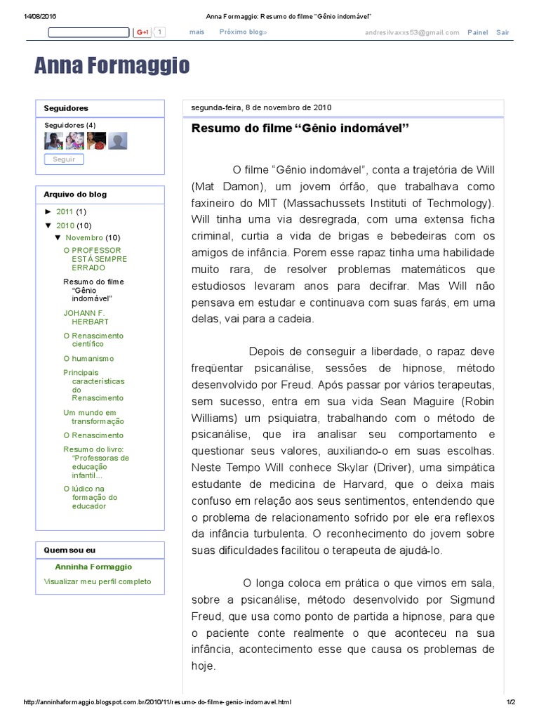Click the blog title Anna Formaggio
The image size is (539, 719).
(112, 66)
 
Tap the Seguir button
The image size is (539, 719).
(64, 159)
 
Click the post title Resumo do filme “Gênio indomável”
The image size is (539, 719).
(300, 129)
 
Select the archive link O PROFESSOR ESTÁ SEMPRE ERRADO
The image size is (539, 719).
(92, 258)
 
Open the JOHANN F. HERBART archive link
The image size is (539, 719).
(86, 317)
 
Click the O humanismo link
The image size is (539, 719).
(88, 358)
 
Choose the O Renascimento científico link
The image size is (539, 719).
(93, 340)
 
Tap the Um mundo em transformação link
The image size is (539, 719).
(93, 417)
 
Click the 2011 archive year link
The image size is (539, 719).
(65, 211)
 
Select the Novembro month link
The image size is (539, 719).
(84, 237)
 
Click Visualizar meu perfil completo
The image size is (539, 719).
(97, 581)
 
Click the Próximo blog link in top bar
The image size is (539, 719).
(243, 32)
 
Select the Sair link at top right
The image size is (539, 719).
(503, 32)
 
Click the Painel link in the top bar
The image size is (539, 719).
(477, 32)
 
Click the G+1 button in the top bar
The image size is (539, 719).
(143, 32)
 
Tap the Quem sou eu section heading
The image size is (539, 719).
(69, 550)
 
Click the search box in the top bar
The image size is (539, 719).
(88, 32)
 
